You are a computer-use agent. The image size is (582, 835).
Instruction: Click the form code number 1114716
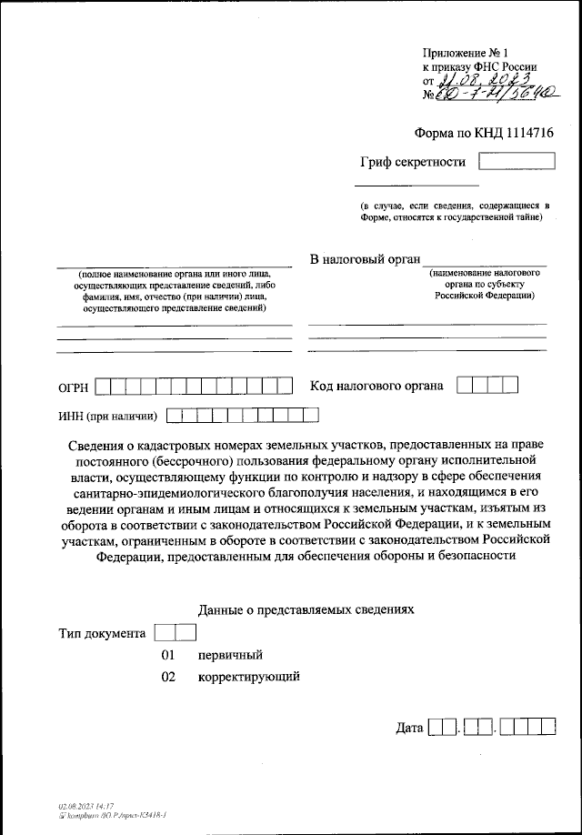pos(523,133)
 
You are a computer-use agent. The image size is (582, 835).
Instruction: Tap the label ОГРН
pos(73,388)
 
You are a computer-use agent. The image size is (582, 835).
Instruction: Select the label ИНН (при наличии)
pos(107,417)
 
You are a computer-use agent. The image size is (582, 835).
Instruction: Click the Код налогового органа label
pos(376,387)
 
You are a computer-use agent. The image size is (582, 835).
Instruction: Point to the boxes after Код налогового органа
pos(487,386)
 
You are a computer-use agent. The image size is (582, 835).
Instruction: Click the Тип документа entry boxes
pos(176,632)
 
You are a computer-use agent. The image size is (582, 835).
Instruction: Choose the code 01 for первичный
pos(168,655)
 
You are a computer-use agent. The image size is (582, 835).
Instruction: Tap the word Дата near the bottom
pos(410,729)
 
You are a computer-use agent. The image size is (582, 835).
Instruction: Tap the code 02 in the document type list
pos(168,677)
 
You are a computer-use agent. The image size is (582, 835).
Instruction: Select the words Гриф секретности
pos(412,163)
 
